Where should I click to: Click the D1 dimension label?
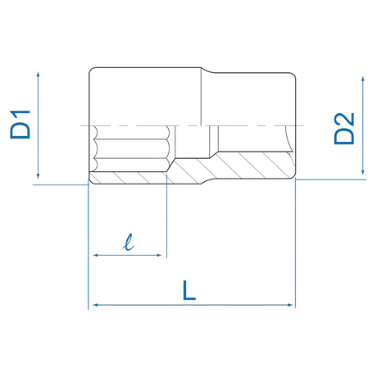point(20,125)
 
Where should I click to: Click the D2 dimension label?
point(344,129)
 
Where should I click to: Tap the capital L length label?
point(189,290)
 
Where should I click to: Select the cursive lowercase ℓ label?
point(128,242)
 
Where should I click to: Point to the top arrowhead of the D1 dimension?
point(38,75)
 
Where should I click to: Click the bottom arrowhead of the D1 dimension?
point(38,176)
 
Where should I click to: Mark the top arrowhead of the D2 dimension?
point(363,79)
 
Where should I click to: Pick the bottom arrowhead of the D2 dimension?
point(363,172)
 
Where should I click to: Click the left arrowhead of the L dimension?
point(96,305)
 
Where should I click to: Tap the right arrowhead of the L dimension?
point(290,305)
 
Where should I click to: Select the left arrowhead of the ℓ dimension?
point(96,255)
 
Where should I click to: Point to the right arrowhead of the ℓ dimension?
point(159,255)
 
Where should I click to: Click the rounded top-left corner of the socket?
point(91,70)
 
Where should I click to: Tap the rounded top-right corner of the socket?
point(294,75)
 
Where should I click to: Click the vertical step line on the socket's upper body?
point(201,97)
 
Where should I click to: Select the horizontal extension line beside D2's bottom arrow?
point(330,179)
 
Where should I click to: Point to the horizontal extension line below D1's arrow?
point(61,184)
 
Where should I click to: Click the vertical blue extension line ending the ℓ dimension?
point(166,216)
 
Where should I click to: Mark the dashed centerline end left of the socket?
point(81,126)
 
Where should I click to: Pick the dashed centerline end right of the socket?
point(304,125)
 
